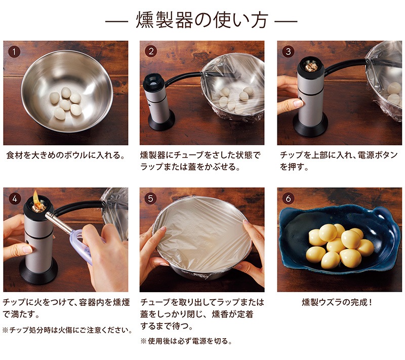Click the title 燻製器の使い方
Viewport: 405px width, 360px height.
click(x=201, y=20)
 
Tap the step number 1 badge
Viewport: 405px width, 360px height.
click(x=14, y=52)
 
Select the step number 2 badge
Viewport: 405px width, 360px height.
click(x=151, y=51)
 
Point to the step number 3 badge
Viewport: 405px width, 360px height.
click(x=288, y=51)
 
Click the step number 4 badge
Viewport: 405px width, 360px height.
click(x=15, y=198)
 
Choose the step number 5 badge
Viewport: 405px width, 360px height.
click(x=150, y=198)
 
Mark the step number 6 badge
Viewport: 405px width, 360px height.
click(x=288, y=198)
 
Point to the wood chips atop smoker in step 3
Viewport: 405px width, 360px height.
click(x=311, y=67)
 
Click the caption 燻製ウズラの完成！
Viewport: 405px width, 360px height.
click(x=337, y=302)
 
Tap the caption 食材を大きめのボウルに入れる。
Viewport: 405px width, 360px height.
click(x=66, y=155)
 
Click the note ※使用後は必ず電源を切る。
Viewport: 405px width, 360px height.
click(x=186, y=341)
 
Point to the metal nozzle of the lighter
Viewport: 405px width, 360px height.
click(x=59, y=223)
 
